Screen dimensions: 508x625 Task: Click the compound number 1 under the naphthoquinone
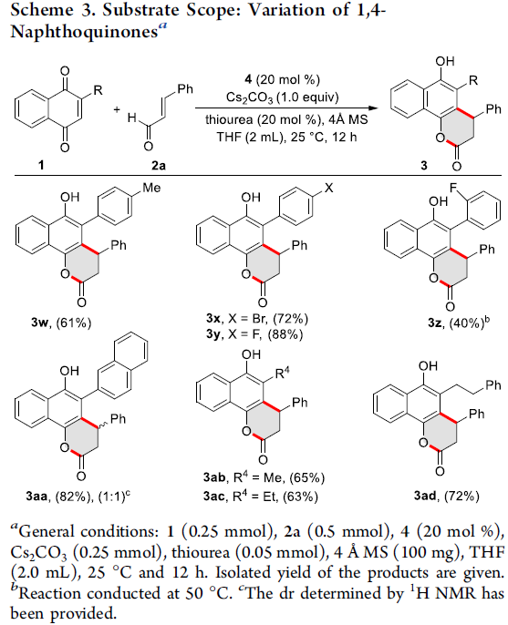[x=41, y=164]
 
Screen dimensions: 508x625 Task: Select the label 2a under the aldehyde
[x=159, y=164]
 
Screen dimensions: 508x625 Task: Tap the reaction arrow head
[x=373, y=108]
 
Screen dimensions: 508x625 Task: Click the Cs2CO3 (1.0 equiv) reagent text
[x=283, y=97]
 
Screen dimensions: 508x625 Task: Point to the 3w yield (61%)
[x=74, y=323]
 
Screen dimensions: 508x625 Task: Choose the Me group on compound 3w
[x=151, y=188]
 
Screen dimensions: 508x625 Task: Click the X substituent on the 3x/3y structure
[x=329, y=188]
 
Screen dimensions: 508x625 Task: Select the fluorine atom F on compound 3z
[x=452, y=187]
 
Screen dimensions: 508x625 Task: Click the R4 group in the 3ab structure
[x=282, y=374]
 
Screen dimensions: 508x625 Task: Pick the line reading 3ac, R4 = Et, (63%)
[x=260, y=497]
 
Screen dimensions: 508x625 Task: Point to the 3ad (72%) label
[x=447, y=496]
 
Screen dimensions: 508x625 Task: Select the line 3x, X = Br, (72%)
[x=258, y=319]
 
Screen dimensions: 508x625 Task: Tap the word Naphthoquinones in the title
[x=84, y=31]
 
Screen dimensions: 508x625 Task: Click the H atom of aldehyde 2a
[x=132, y=118]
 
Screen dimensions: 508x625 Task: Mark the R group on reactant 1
[x=98, y=90]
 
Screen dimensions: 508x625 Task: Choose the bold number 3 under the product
[x=423, y=165]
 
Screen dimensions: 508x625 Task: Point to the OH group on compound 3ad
[x=428, y=365]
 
